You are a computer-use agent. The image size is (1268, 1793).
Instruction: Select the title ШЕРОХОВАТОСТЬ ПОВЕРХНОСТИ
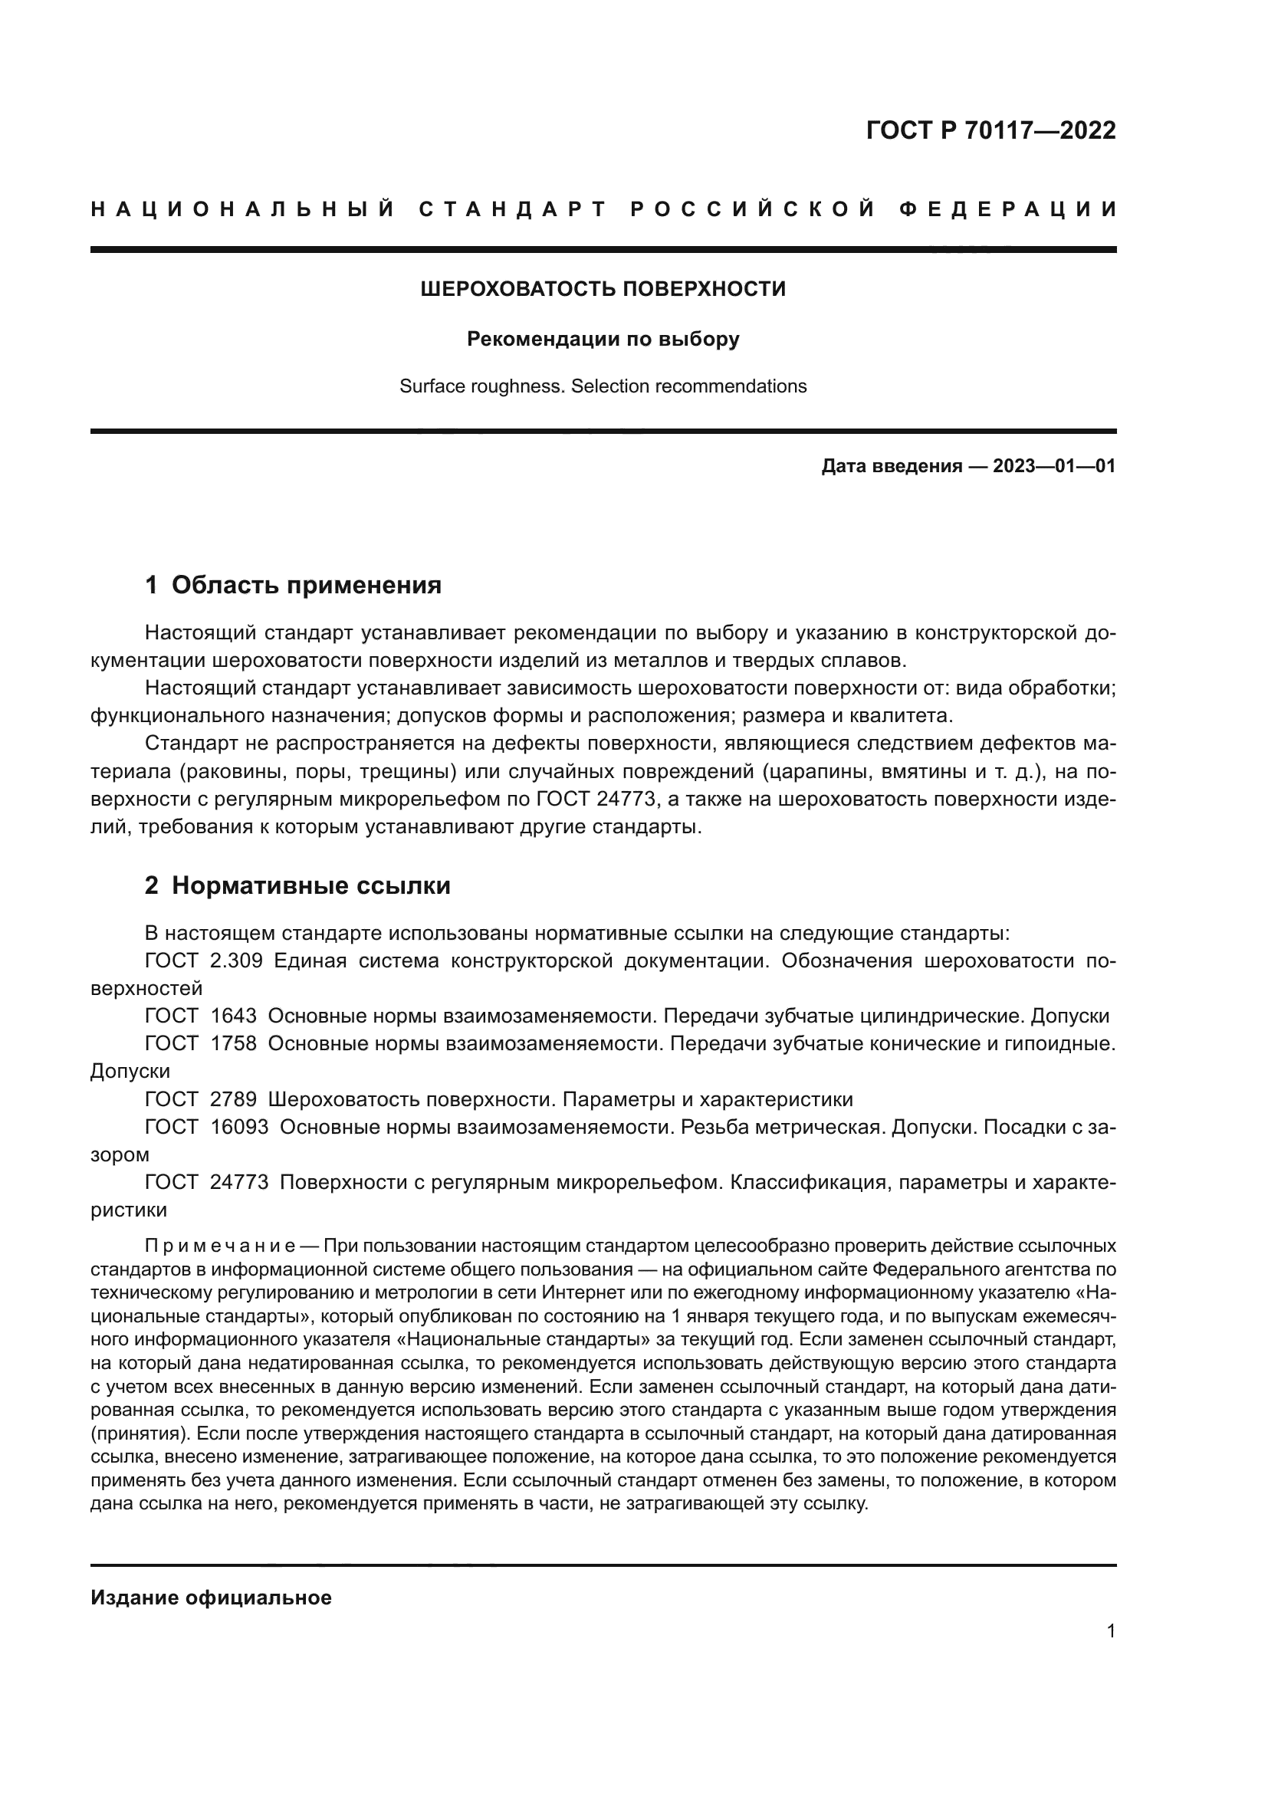pos(603,289)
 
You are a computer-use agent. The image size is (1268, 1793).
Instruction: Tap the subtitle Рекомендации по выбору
pos(603,339)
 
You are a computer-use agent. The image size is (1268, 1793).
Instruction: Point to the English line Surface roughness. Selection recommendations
pos(603,386)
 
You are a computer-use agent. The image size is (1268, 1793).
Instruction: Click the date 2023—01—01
pos(1053,467)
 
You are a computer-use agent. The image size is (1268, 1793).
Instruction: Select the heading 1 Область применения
pos(293,585)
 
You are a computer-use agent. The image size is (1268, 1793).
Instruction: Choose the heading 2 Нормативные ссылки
pos(297,885)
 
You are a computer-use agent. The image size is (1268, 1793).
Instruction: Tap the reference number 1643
pos(233,1016)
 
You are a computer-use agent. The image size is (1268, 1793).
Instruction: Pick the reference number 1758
pos(233,1043)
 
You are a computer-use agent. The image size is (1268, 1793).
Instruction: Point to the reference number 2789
pos(233,1099)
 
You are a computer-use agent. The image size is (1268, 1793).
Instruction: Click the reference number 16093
pos(239,1127)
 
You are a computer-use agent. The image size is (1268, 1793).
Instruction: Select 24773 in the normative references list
pos(239,1182)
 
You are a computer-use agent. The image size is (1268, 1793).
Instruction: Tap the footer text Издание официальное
pos(211,1598)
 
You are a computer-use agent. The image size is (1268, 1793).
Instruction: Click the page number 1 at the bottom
pos(1110,1631)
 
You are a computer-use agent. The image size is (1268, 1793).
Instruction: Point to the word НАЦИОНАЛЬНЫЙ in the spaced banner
pos(242,209)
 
